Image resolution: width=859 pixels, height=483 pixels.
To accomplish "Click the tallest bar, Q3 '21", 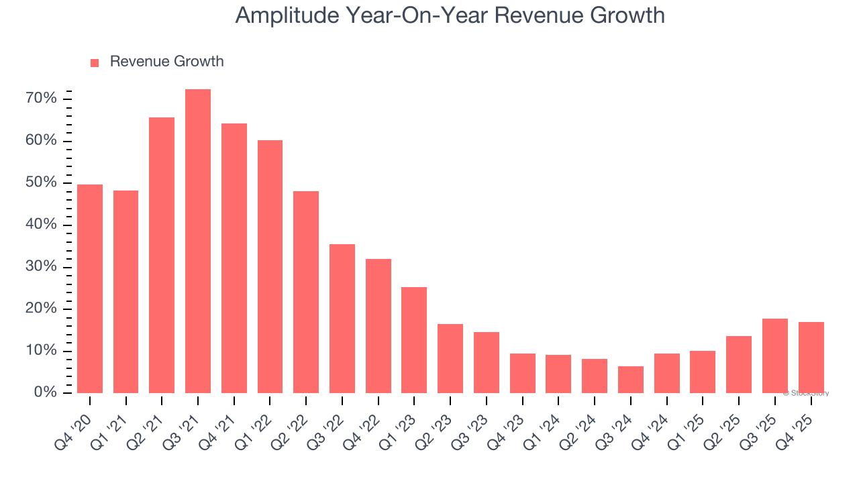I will [x=198, y=241].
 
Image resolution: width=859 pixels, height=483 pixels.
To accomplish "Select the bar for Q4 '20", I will [x=90, y=288].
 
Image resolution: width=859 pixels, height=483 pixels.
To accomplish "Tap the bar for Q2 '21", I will [x=162, y=255].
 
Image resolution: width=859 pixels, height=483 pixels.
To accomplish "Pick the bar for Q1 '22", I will [x=270, y=266].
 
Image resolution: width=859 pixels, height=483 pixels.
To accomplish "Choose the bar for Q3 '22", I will [x=342, y=319].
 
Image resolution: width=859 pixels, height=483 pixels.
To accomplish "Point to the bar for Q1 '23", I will [x=414, y=340].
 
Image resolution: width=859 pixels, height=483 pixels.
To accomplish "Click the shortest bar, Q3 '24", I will [x=631, y=380].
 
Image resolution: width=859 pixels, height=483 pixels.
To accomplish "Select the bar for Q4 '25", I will [x=811, y=358].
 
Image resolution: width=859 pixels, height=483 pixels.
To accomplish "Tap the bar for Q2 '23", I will [x=450, y=358].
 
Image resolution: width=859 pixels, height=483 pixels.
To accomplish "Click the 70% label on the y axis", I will [x=41, y=99].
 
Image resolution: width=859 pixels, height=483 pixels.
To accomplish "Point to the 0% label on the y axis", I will [x=45, y=392].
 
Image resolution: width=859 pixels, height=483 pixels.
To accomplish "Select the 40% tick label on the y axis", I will [x=41, y=225].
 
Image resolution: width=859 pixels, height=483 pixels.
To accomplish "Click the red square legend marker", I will [x=95, y=62].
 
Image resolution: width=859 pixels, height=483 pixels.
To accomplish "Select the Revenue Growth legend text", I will [x=166, y=62].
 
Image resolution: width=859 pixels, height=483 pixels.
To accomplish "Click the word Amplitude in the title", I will [x=287, y=15].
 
